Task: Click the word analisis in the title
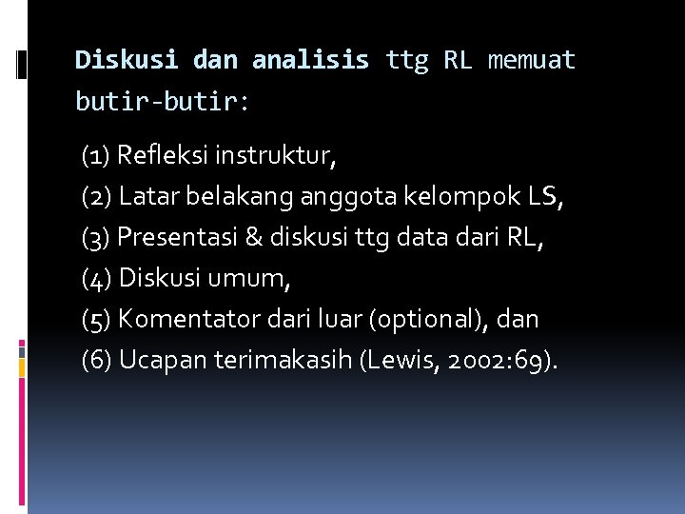pos(310,61)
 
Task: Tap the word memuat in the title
pos(532,61)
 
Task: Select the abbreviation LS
pos(543,197)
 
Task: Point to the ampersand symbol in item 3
pos(253,238)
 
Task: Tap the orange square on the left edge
pos(21,365)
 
